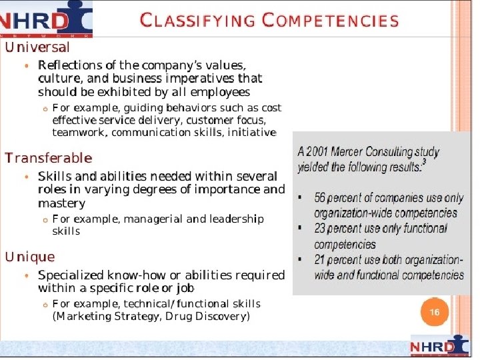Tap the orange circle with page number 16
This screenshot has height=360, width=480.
pyautogui.click(x=434, y=312)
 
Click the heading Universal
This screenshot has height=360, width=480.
pyautogui.click(x=37, y=47)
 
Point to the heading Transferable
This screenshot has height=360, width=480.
pyautogui.click(x=48, y=158)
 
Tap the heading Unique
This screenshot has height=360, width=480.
pyautogui.click(x=30, y=257)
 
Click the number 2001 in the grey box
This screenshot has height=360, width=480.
pyautogui.click(x=318, y=152)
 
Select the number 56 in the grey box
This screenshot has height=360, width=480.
pyautogui.click(x=321, y=198)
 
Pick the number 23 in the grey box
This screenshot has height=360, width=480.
pyautogui.click(x=321, y=229)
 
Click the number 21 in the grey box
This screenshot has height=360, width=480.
pyautogui.click(x=321, y=260)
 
